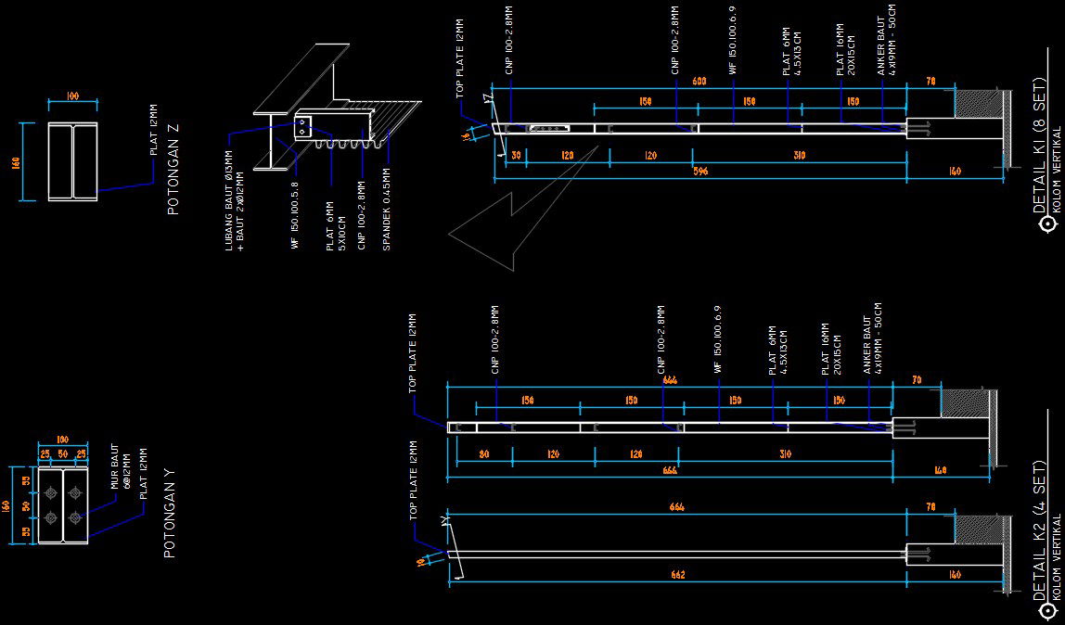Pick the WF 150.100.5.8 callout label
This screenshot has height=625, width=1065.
(295, 215)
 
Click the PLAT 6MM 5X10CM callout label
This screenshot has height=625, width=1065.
(335, 226)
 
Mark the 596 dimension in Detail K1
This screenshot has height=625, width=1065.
(700, 172)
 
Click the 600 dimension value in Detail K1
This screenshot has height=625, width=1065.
(699, 83)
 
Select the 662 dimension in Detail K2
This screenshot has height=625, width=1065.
(678, 576)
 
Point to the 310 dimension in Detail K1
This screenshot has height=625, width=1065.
(799, 156)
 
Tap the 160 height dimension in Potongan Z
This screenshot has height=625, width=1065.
(16, 162)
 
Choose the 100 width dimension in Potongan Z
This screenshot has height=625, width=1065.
(73, 96)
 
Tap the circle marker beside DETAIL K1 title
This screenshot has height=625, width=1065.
(1048, 223)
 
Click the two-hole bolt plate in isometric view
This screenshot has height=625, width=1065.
(303, 127)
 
